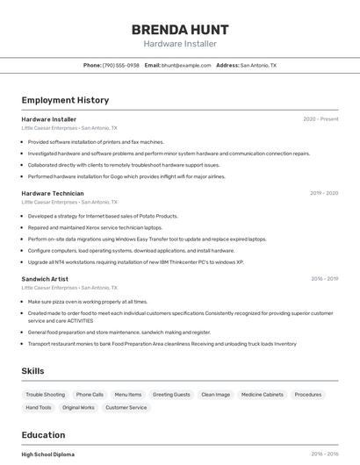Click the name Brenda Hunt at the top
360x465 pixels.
180,29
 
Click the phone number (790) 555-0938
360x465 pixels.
120,65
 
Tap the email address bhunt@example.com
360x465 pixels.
186,65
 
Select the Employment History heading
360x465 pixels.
65,100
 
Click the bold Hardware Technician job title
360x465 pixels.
53,193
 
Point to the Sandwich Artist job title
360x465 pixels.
47,279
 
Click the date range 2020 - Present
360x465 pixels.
320,119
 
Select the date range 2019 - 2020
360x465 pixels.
323,193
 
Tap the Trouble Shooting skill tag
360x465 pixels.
45,395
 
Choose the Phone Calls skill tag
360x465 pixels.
90,395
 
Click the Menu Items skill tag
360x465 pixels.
128,395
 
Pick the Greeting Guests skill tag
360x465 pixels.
171,395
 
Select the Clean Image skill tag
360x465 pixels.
215,395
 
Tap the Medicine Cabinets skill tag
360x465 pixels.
263,395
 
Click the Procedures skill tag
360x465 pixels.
308,395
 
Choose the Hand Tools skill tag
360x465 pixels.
39,407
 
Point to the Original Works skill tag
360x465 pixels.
78,407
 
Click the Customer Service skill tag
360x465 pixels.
126,407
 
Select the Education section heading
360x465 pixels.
43,435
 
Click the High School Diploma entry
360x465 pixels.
48,454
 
